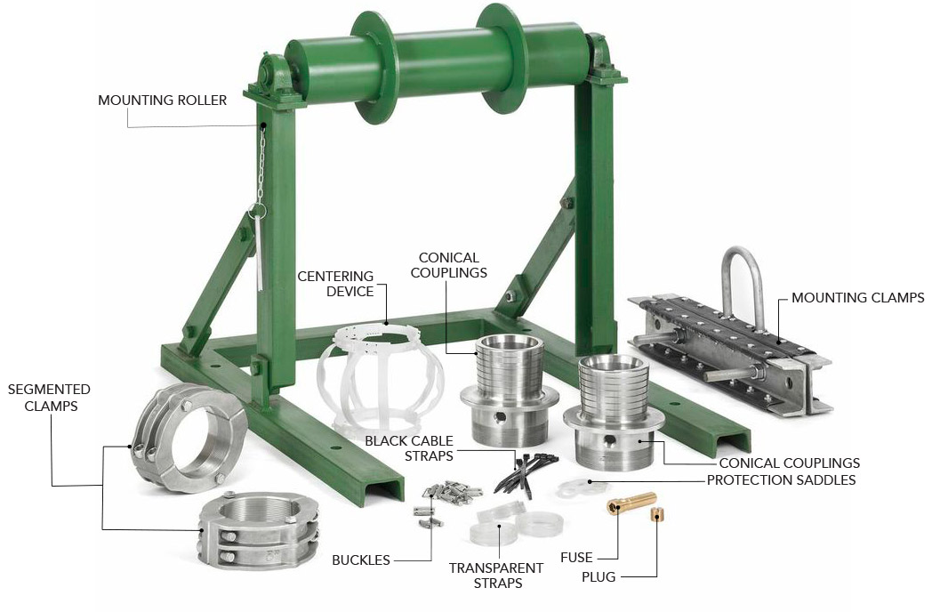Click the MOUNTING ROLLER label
tap(162, 100)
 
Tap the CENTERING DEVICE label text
tap(336, 284)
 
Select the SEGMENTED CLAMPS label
tap(49, 398)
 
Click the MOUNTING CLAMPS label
tap(857, 297)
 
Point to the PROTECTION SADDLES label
tap(781, 480)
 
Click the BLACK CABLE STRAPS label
tap(409, 448)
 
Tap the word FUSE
tap(576, 558)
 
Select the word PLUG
tap(599, 577)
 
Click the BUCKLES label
tap(361, 560)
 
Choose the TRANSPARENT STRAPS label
tap(496, 576)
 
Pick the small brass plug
tap(656, 514)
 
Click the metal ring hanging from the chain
tap(257, 211)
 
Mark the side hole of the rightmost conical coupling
tap(608, 440)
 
